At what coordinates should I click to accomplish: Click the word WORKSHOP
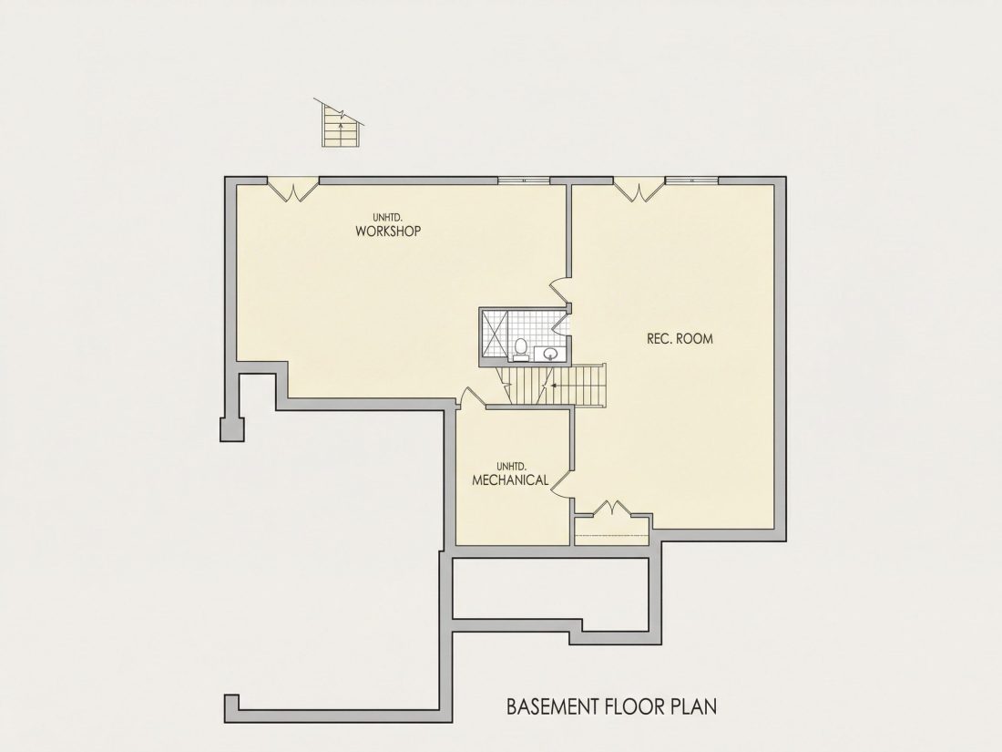(388, 231)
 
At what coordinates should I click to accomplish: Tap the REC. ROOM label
(680, 339)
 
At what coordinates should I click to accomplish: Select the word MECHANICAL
(510, 479)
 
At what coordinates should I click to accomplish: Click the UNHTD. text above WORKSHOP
(388, 218)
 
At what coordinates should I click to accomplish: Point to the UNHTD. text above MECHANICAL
(511, 466)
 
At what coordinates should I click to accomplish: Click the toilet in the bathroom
(521, 349)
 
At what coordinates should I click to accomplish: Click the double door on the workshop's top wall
(292, 191)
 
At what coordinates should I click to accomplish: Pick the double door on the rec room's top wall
(639, 191)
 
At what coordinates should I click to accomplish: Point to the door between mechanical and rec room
(561, 485)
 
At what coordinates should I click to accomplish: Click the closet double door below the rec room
(612, 508)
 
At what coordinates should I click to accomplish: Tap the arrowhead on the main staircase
(554, 386)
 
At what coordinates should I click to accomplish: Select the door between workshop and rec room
(560, 290)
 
